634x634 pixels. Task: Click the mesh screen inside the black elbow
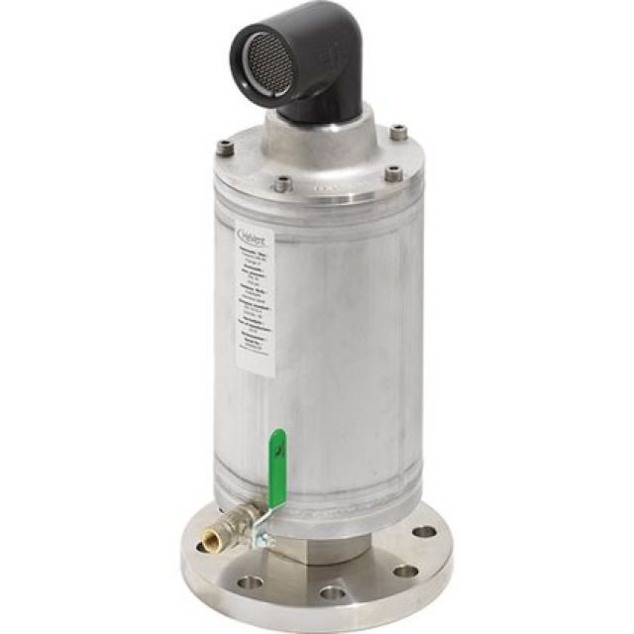[266, 63]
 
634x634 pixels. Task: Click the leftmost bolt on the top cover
[226, 149]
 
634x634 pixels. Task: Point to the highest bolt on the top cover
[398, 132]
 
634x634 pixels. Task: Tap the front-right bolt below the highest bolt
[393, 173]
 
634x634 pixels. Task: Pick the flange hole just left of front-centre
[250, 582]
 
